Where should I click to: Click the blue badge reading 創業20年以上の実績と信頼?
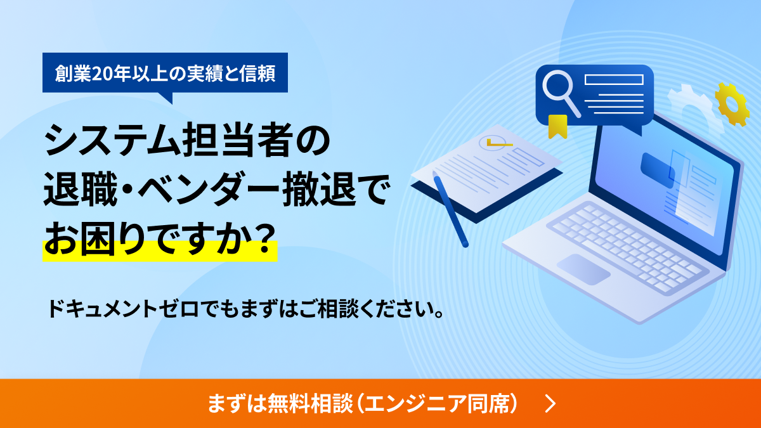pyautogui.click(x=165, y=73)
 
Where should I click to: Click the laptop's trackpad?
pyautogui.click(x=583, y=269)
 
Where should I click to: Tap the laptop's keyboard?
pyautogui.click(x=628, y=240)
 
